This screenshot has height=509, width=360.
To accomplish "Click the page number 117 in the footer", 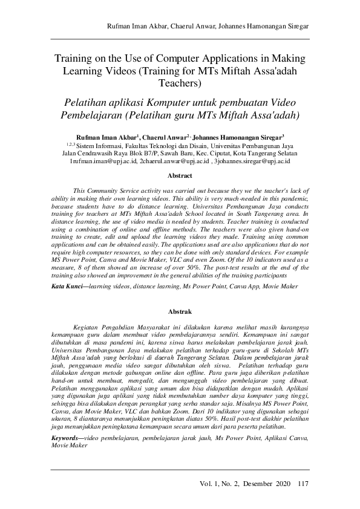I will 303,483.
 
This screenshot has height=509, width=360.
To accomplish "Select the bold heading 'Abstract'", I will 180,176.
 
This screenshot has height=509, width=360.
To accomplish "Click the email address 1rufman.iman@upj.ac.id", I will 103,161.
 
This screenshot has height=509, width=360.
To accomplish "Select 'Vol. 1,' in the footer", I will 212,483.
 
